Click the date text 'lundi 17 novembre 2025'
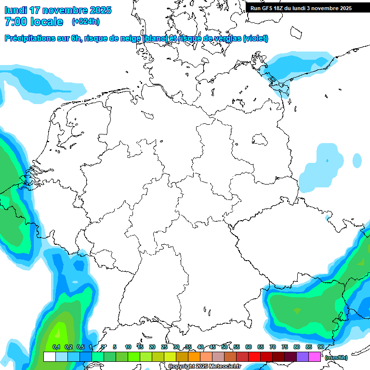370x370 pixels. (x=58, y=10)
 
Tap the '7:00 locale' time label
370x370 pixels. (x=34, y=22)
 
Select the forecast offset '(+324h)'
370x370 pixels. (x=85, y=22)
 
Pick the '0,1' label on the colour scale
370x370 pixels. (x=56, y=347)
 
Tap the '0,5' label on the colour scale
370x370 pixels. (x=80, y=347)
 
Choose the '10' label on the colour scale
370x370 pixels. (x=128, y=347)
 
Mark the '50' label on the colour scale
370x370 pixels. (x=225, y=347)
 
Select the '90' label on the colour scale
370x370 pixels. (x=320, y=347)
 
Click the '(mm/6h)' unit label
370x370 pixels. (x=336, y=357)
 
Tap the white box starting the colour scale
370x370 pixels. (x=49, y=357)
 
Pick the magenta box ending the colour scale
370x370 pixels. (x=315, y=357)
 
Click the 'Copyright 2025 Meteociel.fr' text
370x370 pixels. (x=204, y=367)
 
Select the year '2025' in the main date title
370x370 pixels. (x=100, y=10)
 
